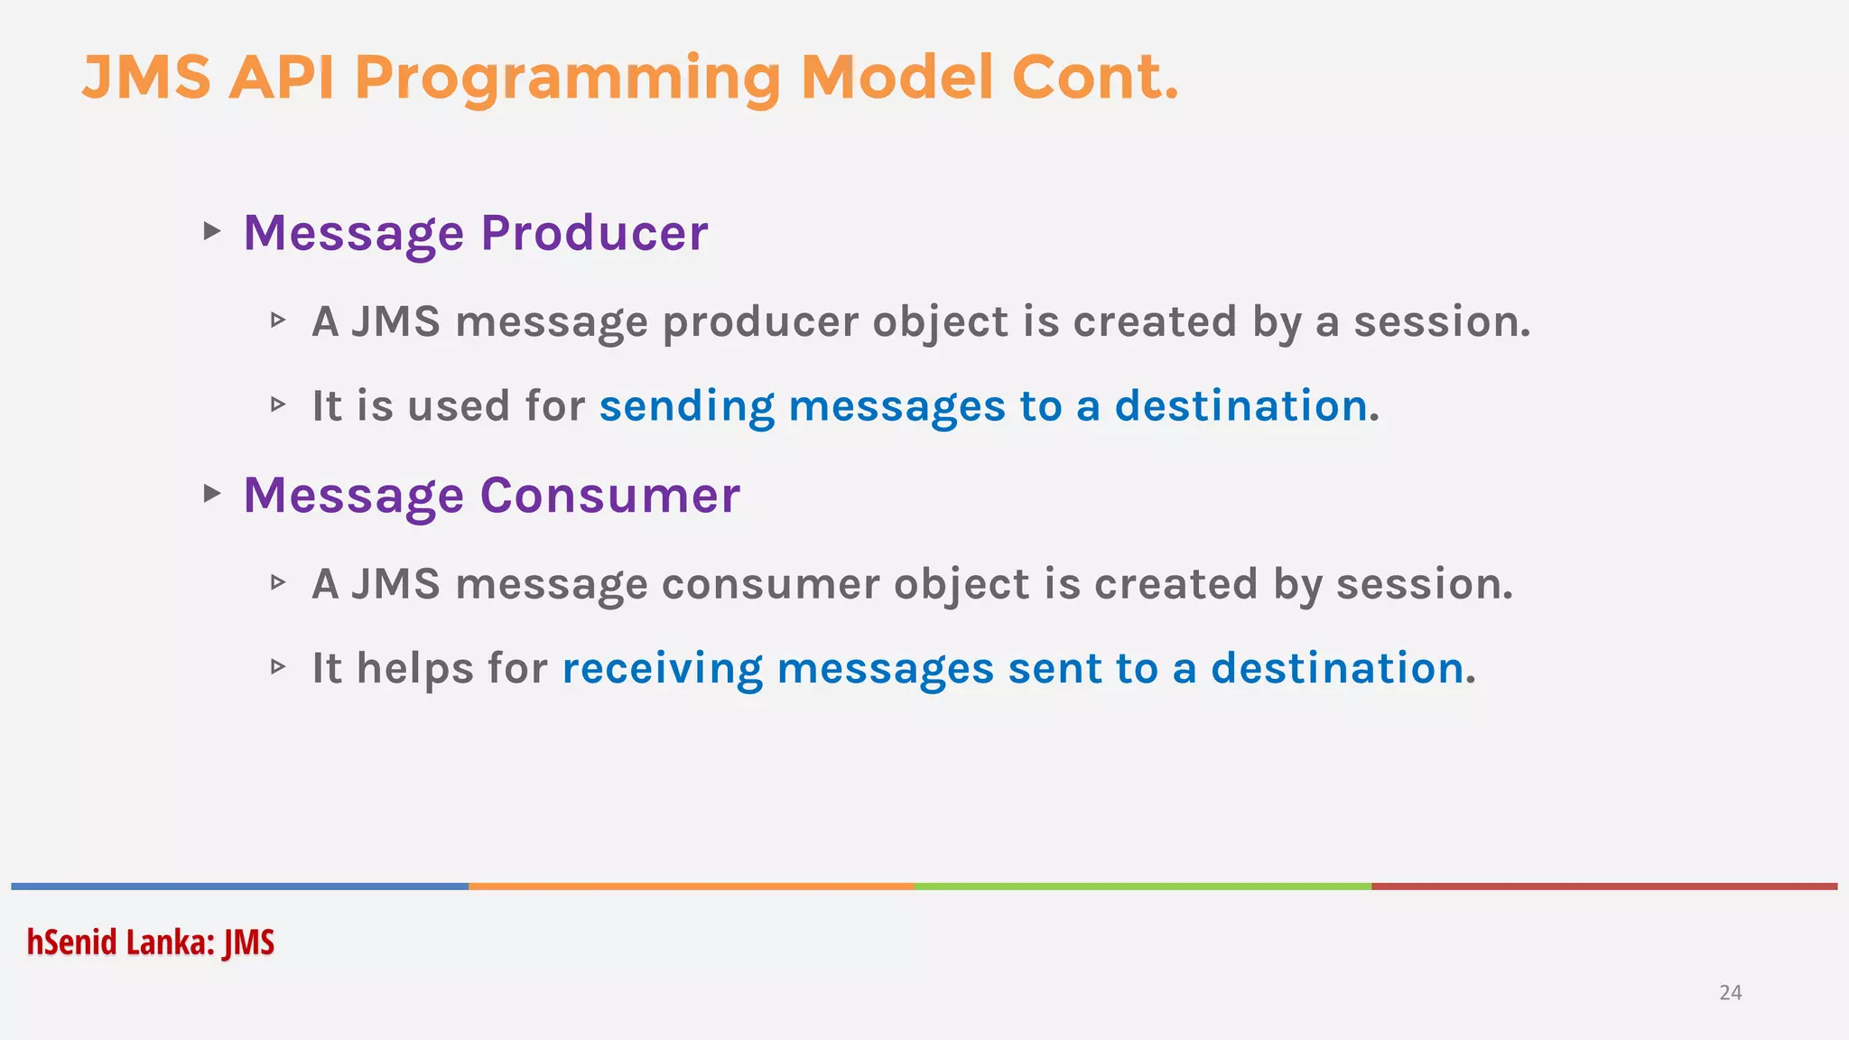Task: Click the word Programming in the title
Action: click(568, 79)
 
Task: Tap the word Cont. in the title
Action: click(1094, 77)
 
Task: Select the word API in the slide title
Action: click(281, 77)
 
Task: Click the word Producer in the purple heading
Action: click(594, 233)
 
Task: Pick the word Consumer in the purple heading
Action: click(609, 496)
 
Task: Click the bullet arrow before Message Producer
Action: click(212, 231)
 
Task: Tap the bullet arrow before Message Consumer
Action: click(212, 493)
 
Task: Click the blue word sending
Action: click(686, 406)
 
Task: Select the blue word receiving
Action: click(662, 669)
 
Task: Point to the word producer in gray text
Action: click(759, 322)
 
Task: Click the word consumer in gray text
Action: click(770, 584)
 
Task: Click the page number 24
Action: click(1730, 993)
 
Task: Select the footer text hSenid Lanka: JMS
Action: click(150, 942)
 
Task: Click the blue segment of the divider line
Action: click(239, 887)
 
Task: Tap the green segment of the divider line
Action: click(1142, 887)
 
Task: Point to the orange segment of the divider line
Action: click(691, 887)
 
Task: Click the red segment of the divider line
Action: click(1603, 887)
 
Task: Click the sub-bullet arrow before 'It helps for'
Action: click(278, 667)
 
